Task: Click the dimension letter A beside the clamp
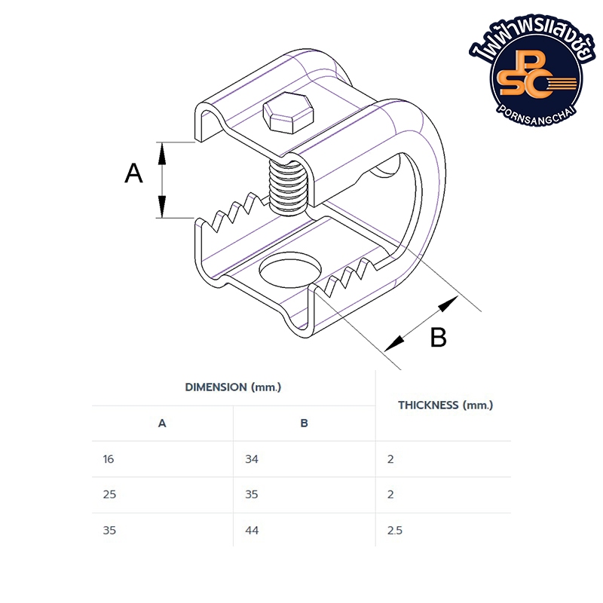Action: [133, 173]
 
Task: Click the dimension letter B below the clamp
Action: [438, 337]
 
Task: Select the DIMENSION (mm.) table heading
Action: [233, 387]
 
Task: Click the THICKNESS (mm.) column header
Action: [445, 405]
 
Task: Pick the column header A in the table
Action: [162, 424]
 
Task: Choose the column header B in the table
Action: [304, 424]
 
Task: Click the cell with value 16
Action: [109, 459]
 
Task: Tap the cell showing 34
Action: [252, 459]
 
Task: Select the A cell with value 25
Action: [109, 494]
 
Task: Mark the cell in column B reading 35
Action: [252, 494]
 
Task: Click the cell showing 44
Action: [252, 531]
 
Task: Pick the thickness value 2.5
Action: [395, 531]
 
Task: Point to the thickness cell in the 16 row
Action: [390, 459]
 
